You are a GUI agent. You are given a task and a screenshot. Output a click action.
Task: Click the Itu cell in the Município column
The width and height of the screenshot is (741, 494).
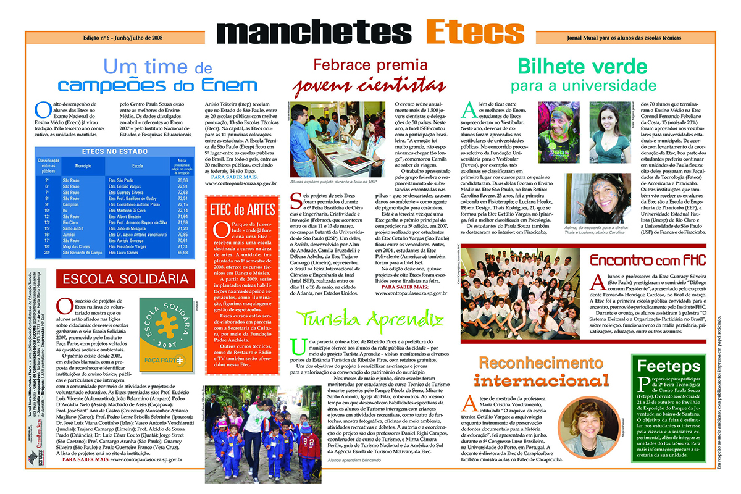(x=67, y=211)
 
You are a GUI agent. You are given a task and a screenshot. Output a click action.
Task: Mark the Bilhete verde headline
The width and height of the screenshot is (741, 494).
(x=583, y=66)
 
